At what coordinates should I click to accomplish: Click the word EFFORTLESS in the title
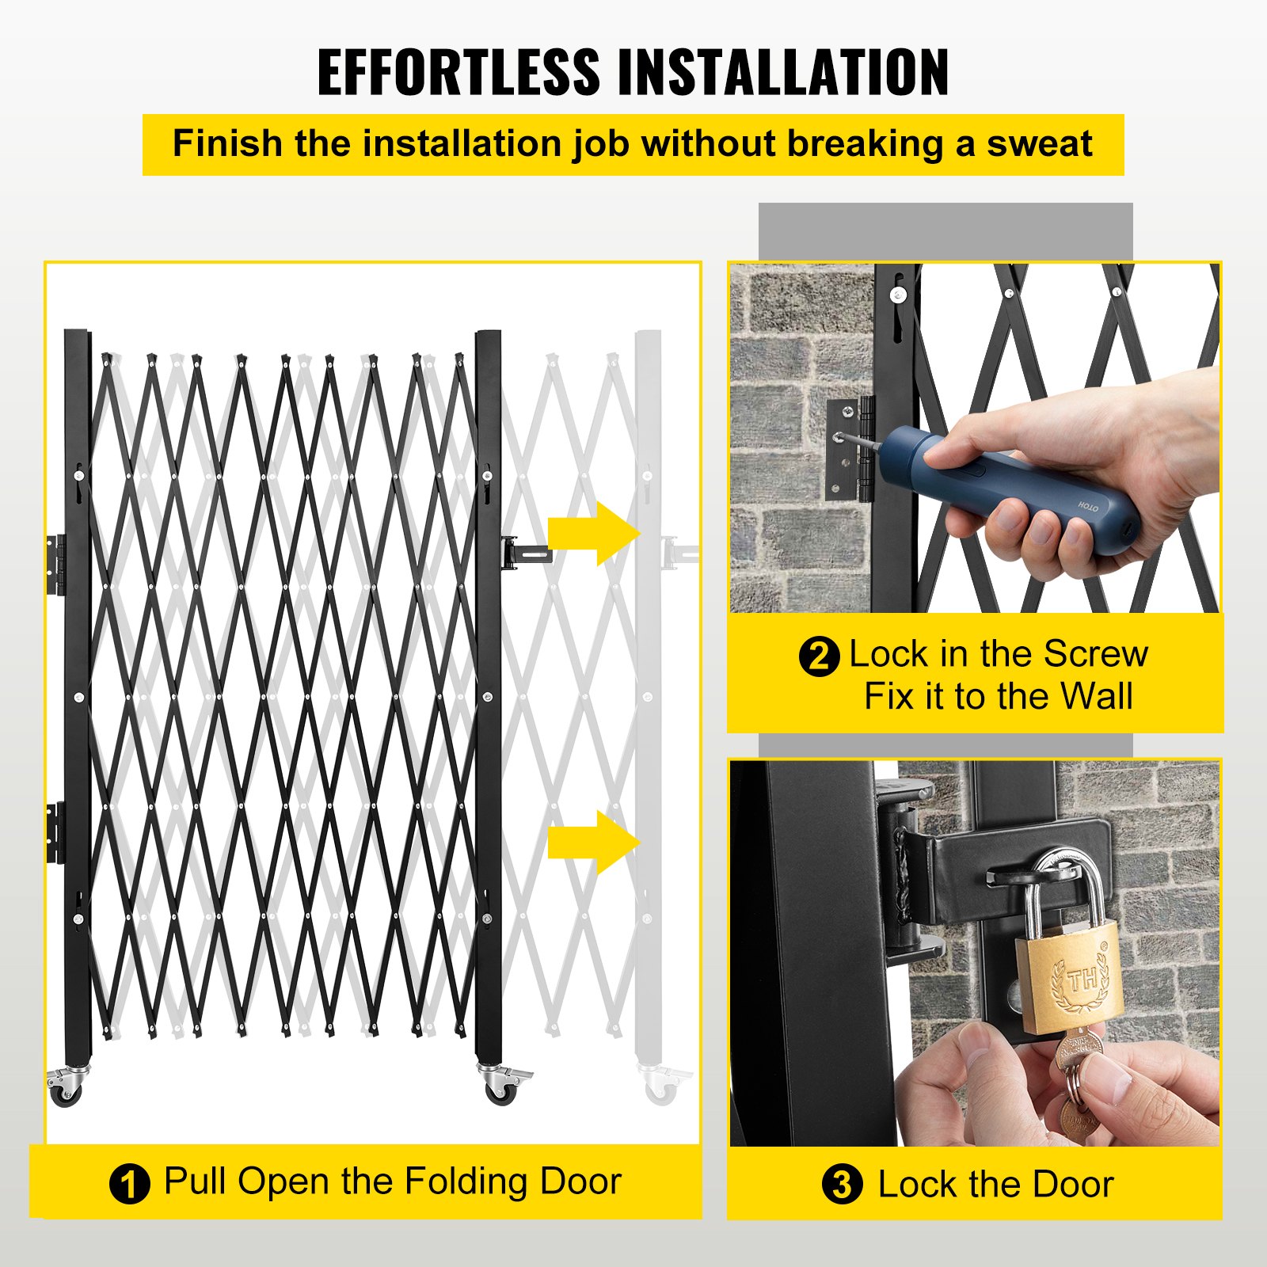(x=458, y=72)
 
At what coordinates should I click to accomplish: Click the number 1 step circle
(x=129, y=1184)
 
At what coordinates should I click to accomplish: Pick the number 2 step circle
(x=818, y=656)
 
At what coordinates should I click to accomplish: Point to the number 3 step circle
(x=841, y=1185)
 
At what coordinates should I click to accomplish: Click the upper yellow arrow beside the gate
(x=594, y=533)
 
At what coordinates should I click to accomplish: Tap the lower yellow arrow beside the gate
(x=594, y=842)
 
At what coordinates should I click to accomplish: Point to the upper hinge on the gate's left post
(x=55, y=565)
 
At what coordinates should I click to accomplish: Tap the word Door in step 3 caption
(x=1073, y=1185)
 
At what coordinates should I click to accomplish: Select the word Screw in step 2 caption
(x=1095, y=654)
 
